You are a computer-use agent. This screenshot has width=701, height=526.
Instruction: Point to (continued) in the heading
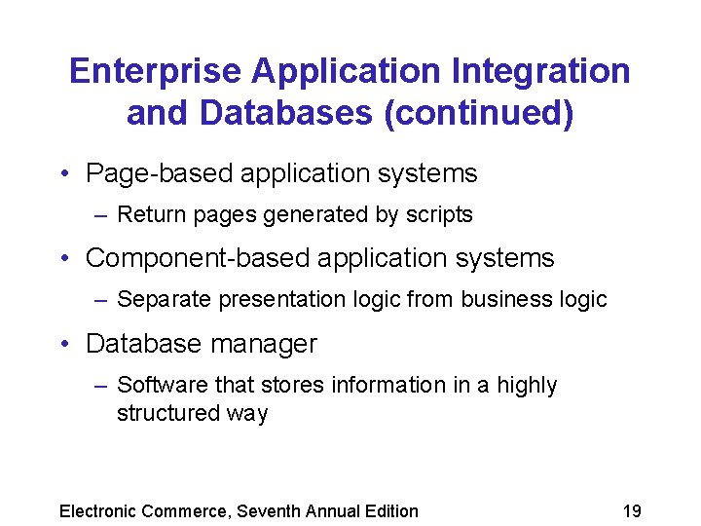pos(478,113)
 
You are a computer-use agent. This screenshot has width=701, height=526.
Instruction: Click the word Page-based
pos(159,174)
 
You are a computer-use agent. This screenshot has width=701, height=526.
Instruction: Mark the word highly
pos(528,386)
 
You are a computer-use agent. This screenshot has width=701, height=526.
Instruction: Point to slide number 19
pos(631,511)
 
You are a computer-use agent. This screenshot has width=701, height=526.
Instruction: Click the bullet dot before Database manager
pos(64,345)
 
